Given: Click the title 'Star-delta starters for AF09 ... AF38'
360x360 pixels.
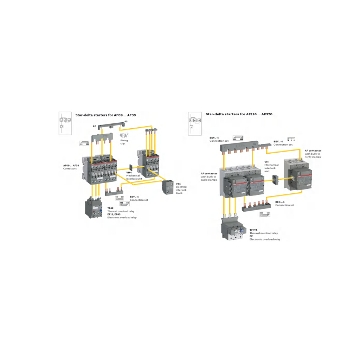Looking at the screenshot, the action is coord(105,115).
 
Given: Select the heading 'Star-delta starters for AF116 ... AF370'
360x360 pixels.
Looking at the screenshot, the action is coord(239,114).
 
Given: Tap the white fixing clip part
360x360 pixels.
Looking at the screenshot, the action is coord(124,135).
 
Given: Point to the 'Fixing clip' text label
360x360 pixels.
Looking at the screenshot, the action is coord(124,142).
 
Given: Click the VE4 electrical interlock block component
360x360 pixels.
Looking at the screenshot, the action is coord(168,187).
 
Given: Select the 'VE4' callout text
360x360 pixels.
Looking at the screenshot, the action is coord(178,184).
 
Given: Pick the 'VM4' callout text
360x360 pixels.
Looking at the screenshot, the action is coord(129,173).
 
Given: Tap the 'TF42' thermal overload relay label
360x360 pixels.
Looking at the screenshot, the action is coord(110,208).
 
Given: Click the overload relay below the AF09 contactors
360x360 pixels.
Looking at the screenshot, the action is coord(94,207).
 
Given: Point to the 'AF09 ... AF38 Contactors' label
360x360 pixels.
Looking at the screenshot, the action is coord(71,167).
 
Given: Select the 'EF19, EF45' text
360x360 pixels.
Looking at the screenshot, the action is coord(114,214).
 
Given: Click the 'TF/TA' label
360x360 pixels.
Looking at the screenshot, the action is coord(253,230).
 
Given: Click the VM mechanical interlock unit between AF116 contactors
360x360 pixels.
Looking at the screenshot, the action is coord(275,180).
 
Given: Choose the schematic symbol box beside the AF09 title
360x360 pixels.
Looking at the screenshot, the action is coord(65,123).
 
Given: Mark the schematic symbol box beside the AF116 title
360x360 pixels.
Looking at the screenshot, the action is coord(195,124).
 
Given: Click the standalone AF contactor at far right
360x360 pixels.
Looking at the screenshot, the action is coord(298,174).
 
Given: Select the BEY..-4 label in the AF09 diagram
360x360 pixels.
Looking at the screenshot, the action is coord(134,197).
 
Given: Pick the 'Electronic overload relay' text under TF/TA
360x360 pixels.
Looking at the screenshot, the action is coord(265,239).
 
